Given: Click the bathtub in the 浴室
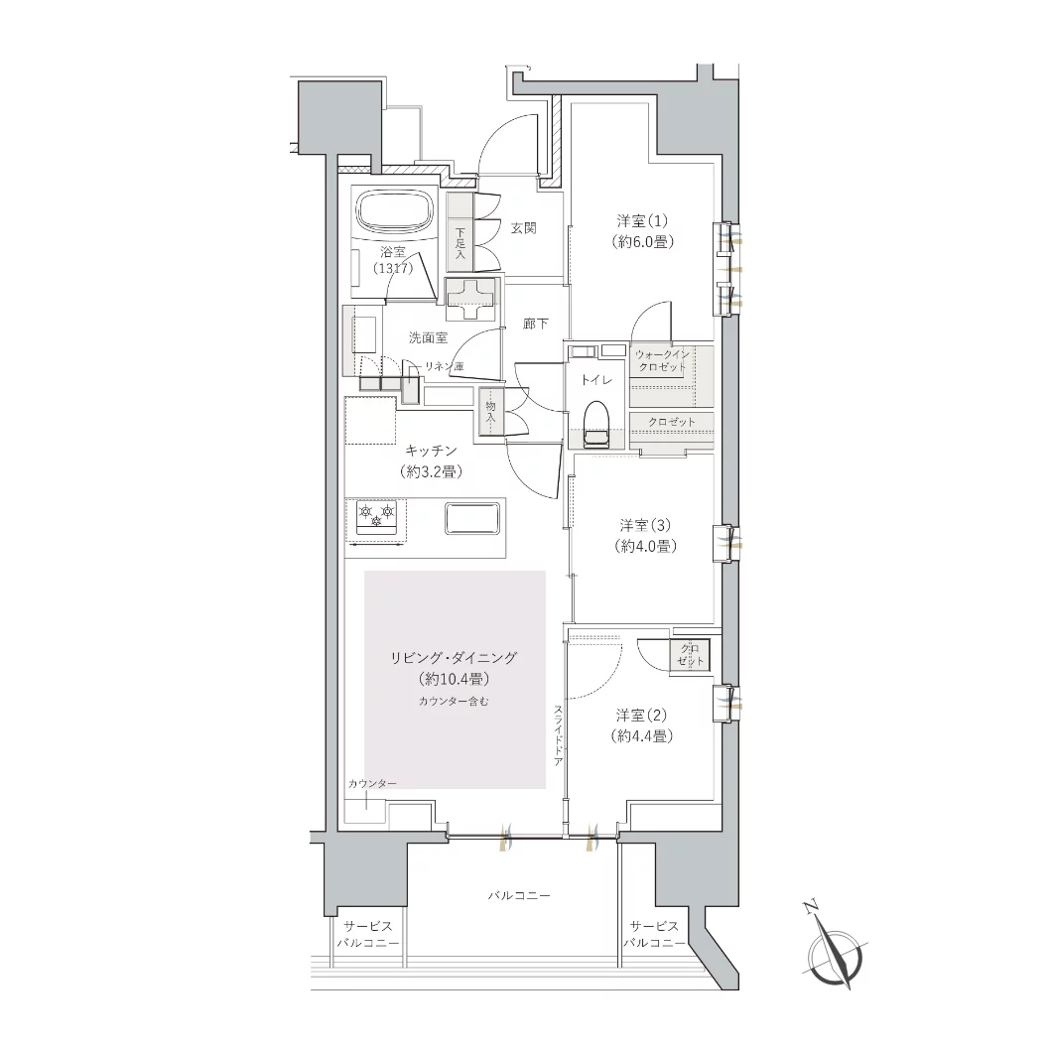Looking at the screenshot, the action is tap(396, 212).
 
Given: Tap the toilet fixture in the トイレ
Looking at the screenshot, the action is tap(595, 425).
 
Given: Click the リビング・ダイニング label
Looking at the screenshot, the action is tap(454, 658).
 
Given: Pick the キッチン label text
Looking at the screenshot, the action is tap(432, 451).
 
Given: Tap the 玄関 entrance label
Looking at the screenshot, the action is tap(524, 228).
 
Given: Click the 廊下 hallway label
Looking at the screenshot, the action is tap(535, 325).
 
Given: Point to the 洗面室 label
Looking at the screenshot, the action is tap(428, 337).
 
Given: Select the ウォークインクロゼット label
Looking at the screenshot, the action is tap(662, 360).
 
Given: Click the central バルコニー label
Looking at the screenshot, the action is tap(519, 895).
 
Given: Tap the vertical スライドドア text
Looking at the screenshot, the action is tap(558, 735).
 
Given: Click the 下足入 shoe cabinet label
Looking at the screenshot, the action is tap(460, 243).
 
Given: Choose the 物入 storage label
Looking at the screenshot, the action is tap(490, 411).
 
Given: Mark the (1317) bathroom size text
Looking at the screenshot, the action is tap(393, 268).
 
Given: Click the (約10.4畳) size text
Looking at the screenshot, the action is tap(454, 680).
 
